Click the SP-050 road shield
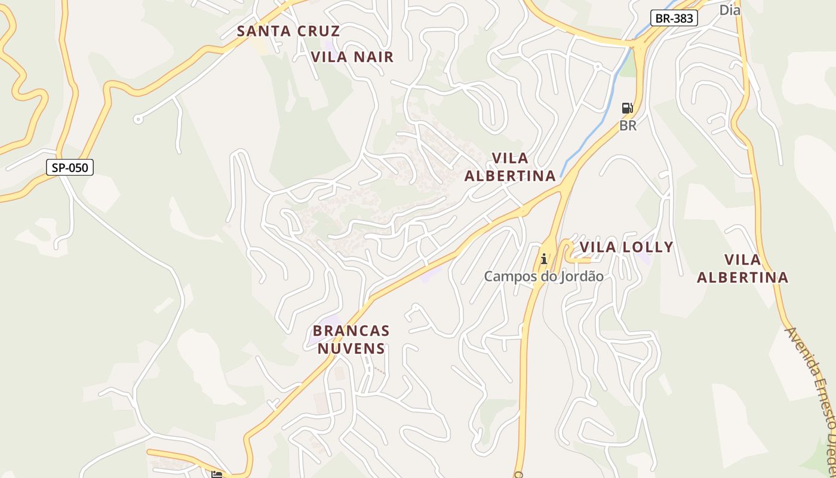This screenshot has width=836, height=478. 70,167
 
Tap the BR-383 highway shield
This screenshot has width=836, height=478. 674,18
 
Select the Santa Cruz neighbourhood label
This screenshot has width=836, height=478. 288,31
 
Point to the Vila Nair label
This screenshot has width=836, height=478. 352,57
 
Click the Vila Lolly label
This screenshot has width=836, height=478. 626,247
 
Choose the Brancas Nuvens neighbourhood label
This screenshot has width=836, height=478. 351,339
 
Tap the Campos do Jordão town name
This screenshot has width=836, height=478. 543,277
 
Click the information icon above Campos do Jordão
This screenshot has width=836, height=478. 543,259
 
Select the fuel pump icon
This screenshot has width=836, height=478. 628,108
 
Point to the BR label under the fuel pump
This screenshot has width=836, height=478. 628,125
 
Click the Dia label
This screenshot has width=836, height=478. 729,10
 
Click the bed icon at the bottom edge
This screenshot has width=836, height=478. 216,474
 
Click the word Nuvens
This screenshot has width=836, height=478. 351,348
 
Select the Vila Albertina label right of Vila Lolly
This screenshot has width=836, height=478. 742,268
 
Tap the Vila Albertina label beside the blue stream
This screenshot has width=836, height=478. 510,167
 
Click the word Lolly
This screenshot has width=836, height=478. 648,247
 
